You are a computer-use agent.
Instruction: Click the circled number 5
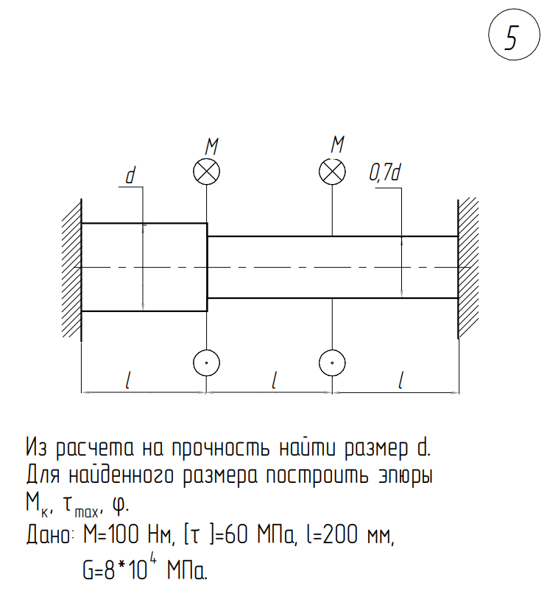(x=511, y=37)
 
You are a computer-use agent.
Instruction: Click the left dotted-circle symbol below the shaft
(x=207, y=362)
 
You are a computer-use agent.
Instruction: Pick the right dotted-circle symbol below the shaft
(x=333, y=362)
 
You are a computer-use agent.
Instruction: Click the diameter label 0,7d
(x=384, y=174)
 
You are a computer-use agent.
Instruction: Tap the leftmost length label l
(x=130, y=380)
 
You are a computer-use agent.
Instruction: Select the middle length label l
(x=275, y=380)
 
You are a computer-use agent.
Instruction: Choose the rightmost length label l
(x=401, y=380)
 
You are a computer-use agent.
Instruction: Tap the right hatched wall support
(x=468, y=268)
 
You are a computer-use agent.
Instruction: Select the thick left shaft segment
(x=144, y=267)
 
